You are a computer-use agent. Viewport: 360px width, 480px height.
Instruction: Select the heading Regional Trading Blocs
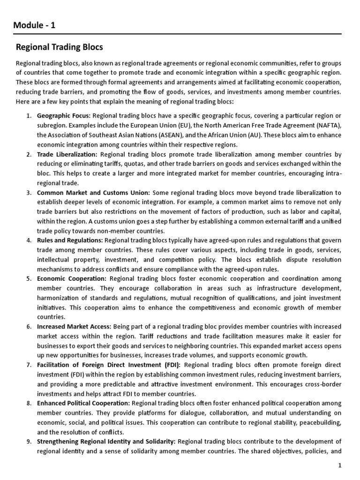tap(60, 47)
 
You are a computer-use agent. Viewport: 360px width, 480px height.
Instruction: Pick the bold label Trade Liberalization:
tap(67, 154)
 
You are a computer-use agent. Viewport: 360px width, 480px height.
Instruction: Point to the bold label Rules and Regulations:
tap(70, 240)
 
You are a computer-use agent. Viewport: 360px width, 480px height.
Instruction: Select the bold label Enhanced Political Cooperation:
tap(84, 403)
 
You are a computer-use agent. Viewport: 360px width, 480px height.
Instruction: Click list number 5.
tap(29, 278)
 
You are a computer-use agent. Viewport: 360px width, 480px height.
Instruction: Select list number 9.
tap(29, 441)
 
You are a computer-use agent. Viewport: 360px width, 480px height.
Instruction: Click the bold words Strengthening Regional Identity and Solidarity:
tap(106, 441)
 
